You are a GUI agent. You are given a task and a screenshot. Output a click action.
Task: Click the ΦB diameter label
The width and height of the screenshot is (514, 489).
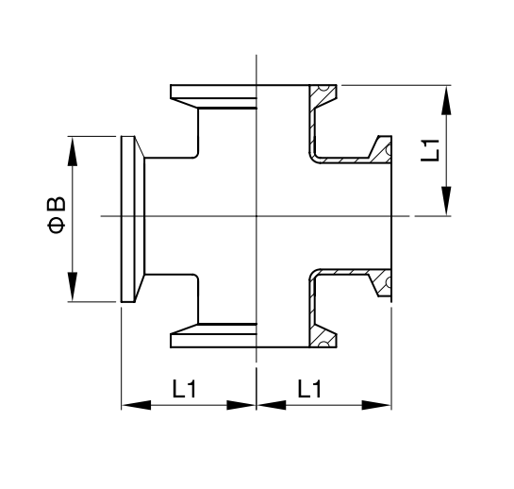point(57,215)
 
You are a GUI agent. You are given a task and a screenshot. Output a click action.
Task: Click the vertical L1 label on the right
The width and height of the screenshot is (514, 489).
point(430,150)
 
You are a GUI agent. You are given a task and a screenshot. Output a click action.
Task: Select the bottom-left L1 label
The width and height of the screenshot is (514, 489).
point(184,389)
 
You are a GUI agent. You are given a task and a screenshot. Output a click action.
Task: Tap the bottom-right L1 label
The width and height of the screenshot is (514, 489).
point(309,389)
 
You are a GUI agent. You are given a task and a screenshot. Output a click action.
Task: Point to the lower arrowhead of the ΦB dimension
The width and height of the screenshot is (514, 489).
point(73,286)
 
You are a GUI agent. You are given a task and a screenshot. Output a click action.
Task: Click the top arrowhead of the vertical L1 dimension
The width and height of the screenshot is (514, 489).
point(446,100)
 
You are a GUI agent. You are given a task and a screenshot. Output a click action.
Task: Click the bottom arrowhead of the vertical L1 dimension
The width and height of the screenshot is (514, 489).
point(446,201)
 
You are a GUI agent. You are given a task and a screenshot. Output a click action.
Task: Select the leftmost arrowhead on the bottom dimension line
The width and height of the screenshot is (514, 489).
point(137,405)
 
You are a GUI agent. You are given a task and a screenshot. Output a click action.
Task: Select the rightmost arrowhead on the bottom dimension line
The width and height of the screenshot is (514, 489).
point(376,405)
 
